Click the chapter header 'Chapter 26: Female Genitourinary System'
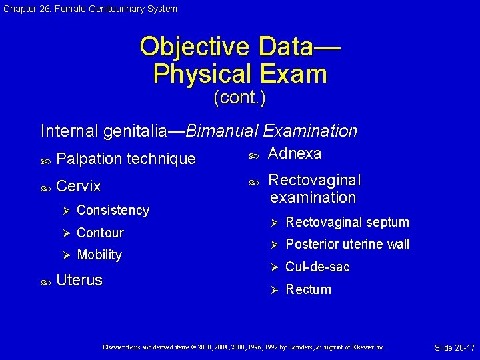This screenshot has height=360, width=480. coord(89,9)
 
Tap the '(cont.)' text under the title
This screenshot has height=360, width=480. coord(239,98)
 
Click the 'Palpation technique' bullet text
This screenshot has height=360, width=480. coord(126,159)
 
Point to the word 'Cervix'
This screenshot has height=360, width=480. coord(79,186)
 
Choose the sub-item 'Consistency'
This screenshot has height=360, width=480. coord(113,210)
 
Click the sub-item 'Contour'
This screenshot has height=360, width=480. coord(100,233)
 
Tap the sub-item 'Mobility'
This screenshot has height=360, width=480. coord(99,255)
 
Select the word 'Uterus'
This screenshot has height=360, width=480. coord(79,280)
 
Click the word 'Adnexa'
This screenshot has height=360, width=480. coord(294,153)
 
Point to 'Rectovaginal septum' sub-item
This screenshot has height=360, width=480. coord(347,222)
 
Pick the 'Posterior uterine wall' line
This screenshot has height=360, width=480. coord(347,244)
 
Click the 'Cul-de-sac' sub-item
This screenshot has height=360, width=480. coord(317,267)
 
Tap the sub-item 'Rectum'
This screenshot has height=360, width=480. coord(308,289)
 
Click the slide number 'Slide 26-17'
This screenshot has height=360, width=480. coord(455,348)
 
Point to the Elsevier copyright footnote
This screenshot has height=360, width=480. coord(243,347)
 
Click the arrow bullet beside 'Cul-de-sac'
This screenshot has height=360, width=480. coord(273,267)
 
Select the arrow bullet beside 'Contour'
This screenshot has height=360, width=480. coord(65,233)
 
